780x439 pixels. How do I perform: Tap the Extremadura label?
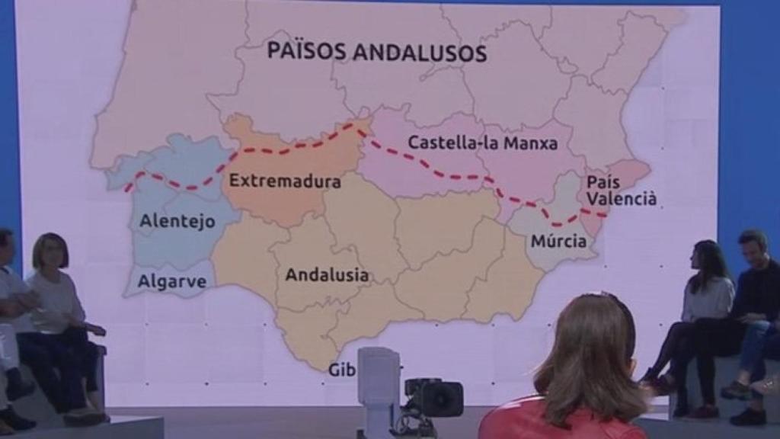[x=284, y=181]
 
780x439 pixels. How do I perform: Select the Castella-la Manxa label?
[x=482, y=143]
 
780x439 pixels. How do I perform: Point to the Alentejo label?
[x=177, y=222]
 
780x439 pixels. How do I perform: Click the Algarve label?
[x=171, y=281]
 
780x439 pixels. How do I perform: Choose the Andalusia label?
[x=326, y=275]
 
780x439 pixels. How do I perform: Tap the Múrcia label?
[x=559, y=242]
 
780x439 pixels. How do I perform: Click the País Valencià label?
[x=620, y=191]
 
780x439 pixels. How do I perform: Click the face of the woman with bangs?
[x=51, y=254]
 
